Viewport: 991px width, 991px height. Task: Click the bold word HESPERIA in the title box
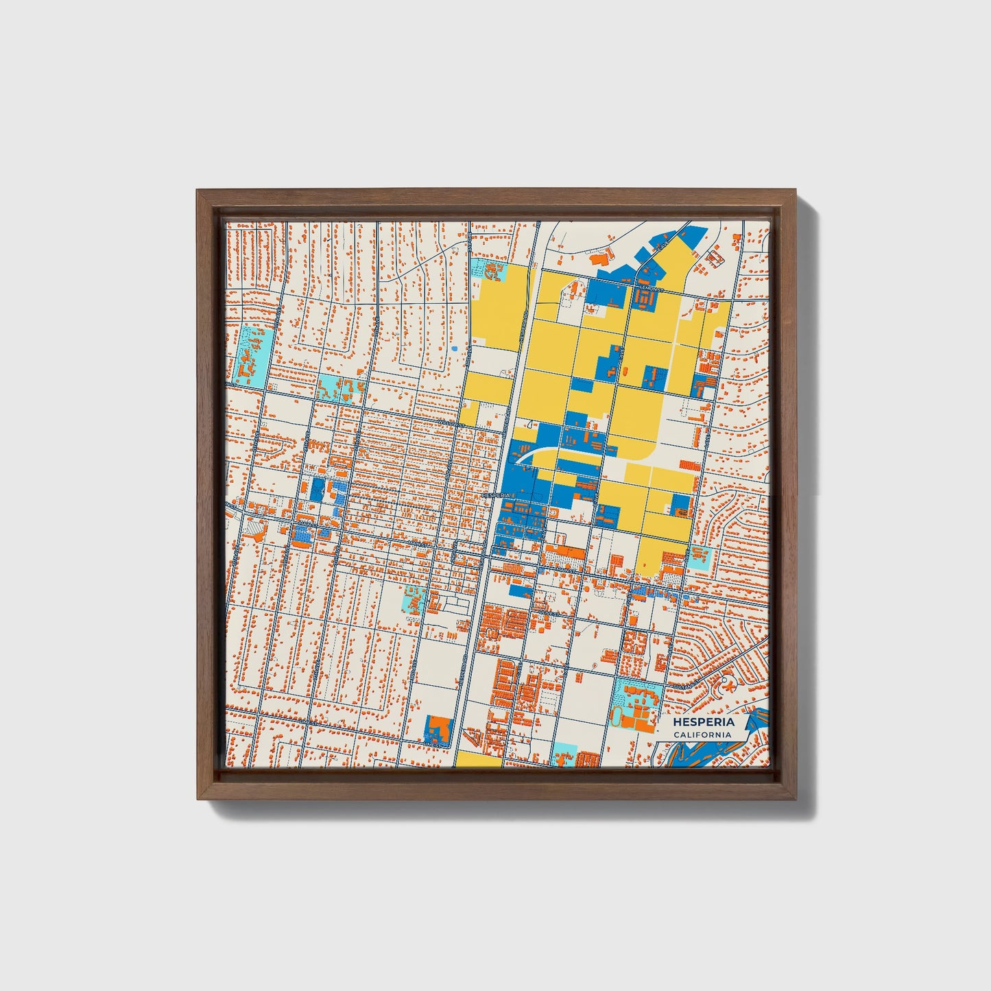703,722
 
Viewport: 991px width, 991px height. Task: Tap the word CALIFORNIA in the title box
702,735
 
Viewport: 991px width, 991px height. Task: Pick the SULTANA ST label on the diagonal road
686,684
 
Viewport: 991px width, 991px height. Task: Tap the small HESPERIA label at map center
495,494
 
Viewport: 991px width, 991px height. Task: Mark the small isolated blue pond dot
454,349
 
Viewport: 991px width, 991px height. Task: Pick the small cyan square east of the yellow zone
698,558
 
